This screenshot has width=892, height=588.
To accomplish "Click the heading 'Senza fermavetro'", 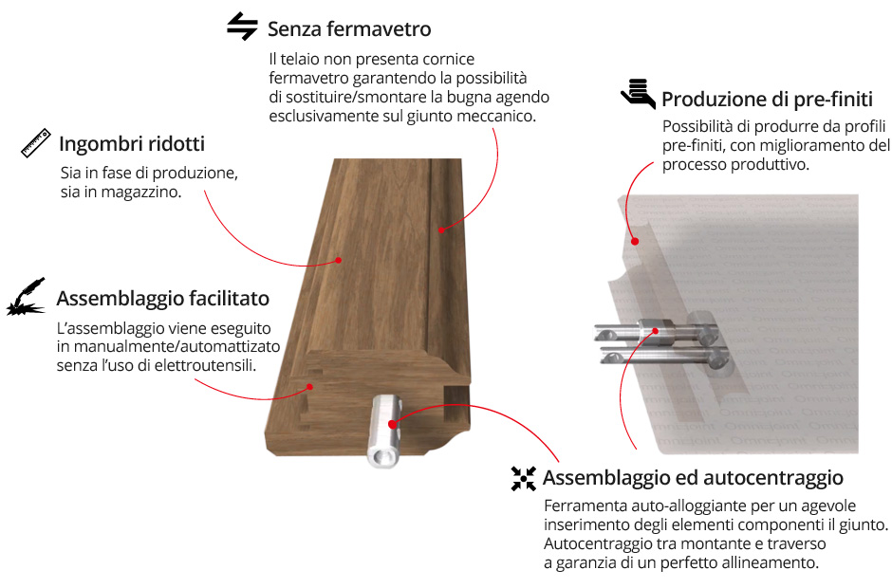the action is [349, 29].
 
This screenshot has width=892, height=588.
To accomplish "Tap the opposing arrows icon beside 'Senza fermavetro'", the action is [242, 27].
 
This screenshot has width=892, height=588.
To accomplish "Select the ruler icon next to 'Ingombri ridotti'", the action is [36, 143].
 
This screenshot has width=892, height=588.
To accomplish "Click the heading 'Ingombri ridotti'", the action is [132, 144].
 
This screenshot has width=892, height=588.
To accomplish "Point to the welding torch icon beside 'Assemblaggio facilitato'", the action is [27, 297].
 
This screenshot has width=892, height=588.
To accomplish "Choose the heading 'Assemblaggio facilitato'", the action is [162, 299].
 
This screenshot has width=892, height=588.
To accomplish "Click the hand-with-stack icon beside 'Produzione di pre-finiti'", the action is [639, 94].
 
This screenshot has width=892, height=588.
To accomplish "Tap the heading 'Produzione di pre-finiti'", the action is [767, 100].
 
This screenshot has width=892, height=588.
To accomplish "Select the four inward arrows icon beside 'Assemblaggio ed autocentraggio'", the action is [524, 478].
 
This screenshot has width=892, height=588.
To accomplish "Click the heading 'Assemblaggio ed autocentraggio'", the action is [693, 478].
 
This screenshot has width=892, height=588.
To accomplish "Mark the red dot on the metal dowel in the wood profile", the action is [392, 424].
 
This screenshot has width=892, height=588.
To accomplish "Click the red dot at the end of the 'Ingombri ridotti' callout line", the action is [339, 260].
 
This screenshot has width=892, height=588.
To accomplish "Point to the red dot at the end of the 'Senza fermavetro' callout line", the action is [441, 230].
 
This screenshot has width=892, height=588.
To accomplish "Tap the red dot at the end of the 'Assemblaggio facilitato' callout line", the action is [310, 387].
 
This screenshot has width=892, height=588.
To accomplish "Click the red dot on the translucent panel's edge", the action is [635, 241].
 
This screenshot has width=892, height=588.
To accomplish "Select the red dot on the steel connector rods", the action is [656, 330].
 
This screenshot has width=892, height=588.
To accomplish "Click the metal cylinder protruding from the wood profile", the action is [384, 432].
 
